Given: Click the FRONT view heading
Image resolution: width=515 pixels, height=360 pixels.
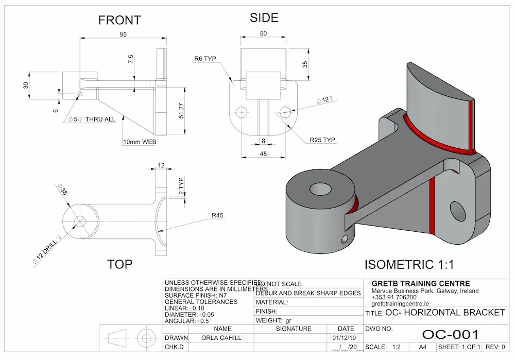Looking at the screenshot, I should point(119,20).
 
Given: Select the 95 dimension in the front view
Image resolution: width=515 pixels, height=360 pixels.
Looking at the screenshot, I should point(123,35).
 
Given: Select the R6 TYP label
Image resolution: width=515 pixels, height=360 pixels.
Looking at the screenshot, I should point(205,59).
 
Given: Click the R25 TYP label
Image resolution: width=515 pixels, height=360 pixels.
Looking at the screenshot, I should point(322,140).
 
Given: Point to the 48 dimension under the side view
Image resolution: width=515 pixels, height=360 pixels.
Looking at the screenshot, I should point(264,153).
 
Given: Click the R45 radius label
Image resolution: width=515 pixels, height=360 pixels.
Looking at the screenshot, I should point(218,216).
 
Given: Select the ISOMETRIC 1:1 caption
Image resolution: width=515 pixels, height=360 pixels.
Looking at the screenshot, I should point(409,265).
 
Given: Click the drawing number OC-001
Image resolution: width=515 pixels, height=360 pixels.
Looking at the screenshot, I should point(450,335).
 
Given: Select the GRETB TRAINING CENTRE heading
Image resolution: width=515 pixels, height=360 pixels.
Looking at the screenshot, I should point(420,284).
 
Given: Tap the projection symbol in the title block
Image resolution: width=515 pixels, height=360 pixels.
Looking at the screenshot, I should point(131,338).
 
